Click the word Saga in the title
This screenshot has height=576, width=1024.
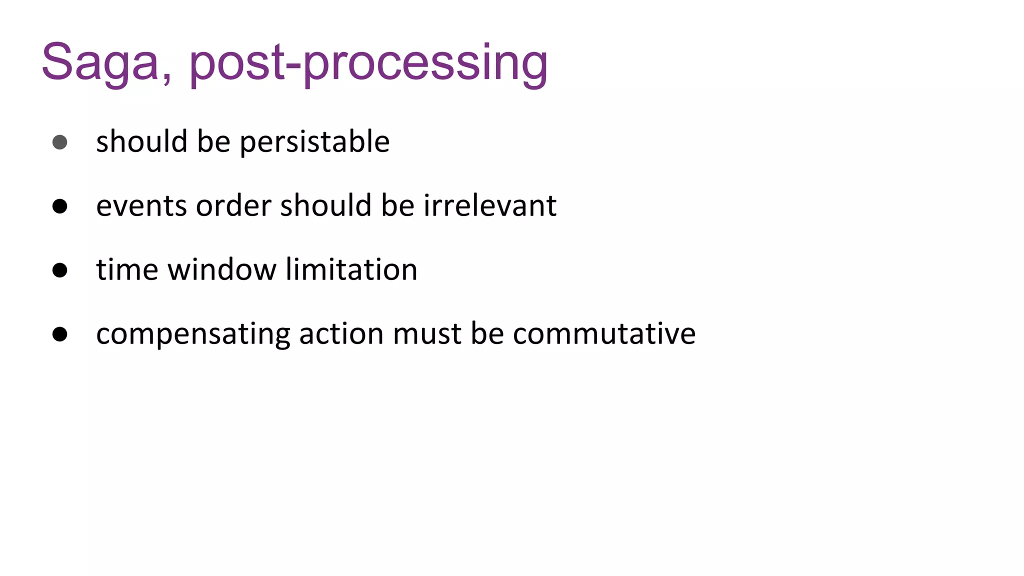[100, 62]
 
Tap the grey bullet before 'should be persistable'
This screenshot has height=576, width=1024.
[60, 142]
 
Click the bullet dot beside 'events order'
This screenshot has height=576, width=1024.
[60, 206]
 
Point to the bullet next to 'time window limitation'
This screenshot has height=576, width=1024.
[60, 270]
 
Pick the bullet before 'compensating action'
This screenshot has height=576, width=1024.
[60, 334]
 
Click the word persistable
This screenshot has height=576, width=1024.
[314, 142]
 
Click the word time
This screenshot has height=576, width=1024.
[127, 270]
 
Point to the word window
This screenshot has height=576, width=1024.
[221, 270]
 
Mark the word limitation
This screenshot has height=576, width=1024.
[351, 270]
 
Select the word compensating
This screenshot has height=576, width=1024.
[193, 334]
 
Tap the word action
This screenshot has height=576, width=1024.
[341, 334]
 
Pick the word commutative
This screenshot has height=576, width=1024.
[604, 334]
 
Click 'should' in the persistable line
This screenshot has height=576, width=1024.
[142, 142]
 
